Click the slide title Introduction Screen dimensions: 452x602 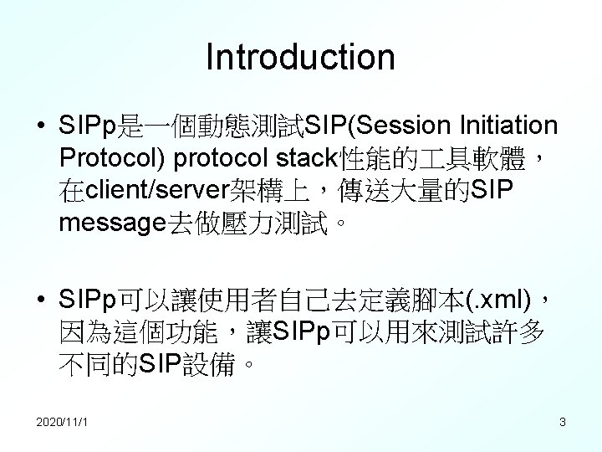click(300, 57)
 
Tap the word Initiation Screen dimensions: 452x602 click(508, 126)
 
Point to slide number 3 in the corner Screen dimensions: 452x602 click(563, 423)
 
